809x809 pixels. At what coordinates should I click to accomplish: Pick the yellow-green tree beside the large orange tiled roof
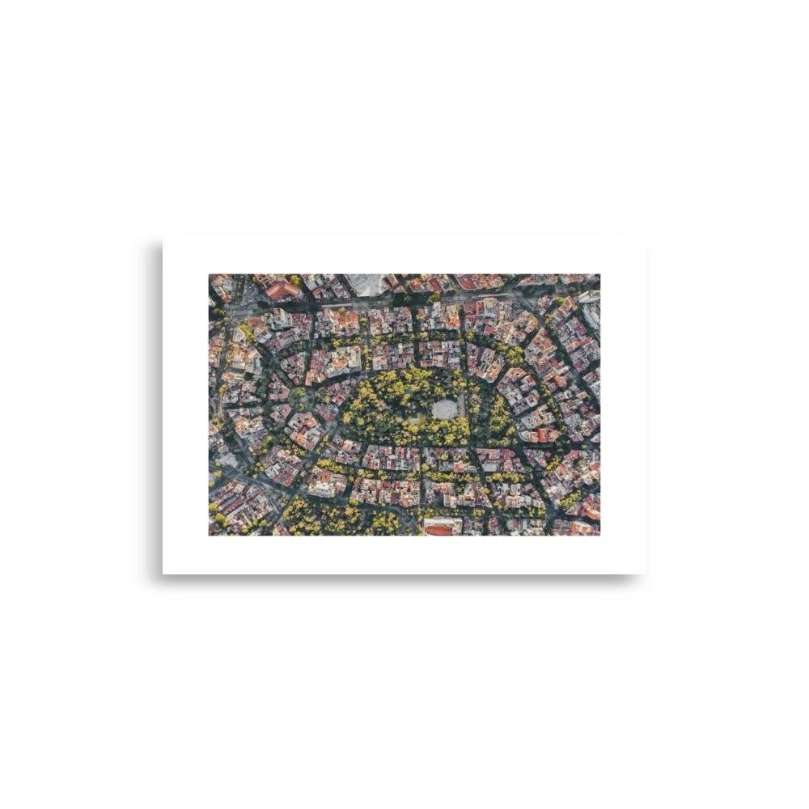pyautogui.click(x=296, y=281)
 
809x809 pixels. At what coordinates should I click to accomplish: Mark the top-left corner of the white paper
pyautogui.click(x=163, y=238)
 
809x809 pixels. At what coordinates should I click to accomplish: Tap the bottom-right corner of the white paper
pyautogui.click(x=645, y=574)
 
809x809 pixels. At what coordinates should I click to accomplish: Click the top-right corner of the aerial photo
pyautogui.click(x=599, y=274)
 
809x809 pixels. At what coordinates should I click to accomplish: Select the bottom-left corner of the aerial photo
pyautogui.click(x=210, y=535)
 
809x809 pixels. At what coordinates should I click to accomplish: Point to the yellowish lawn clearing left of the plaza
pyautogui.click(x=414, y=419)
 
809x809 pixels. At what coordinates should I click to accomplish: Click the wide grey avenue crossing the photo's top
pyautogui.click(x=404, y=303)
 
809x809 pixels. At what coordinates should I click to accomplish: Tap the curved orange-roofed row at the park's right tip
pyautogui.click(x=540, y=434)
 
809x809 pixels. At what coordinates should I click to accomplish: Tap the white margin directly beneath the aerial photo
pyautogui.click(x=404, y=555)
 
